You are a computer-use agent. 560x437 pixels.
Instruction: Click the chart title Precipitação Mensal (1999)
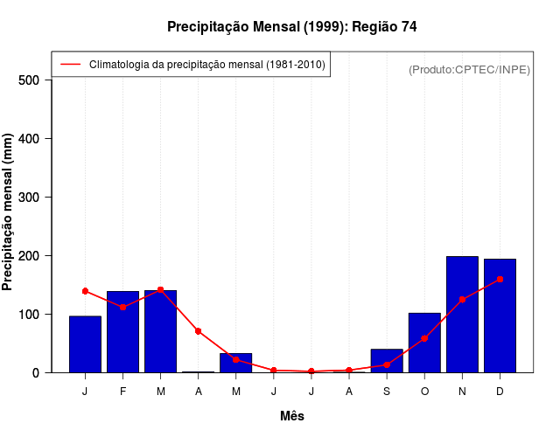[291, 27]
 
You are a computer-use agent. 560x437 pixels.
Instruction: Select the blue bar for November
[462, 314]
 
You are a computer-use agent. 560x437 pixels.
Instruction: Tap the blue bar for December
[500, 316]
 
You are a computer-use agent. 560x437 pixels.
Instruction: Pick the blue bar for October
[424, 343]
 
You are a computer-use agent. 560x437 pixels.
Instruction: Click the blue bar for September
[387, 360]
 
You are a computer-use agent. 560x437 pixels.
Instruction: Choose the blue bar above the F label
[123, 331]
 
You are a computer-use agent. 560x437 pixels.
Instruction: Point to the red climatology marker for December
[500, 279]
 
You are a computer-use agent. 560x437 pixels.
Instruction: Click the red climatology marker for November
[462, 299]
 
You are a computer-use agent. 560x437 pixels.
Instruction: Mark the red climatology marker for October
[424, 338]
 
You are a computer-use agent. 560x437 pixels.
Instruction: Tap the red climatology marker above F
[123, 307]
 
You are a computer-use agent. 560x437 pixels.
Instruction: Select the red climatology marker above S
[387, 364]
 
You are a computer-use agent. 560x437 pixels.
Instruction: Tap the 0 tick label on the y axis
[36, 372]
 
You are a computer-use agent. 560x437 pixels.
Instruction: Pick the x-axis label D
[500, 392]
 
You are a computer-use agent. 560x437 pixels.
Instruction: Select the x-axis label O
[424, 392]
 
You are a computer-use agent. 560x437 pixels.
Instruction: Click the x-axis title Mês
[292, 416]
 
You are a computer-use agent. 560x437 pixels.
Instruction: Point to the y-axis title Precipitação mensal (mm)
[9, 212]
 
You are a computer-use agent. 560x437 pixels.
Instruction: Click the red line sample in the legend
[70, 64]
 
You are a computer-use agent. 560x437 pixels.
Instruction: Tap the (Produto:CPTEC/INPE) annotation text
[469, 69]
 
